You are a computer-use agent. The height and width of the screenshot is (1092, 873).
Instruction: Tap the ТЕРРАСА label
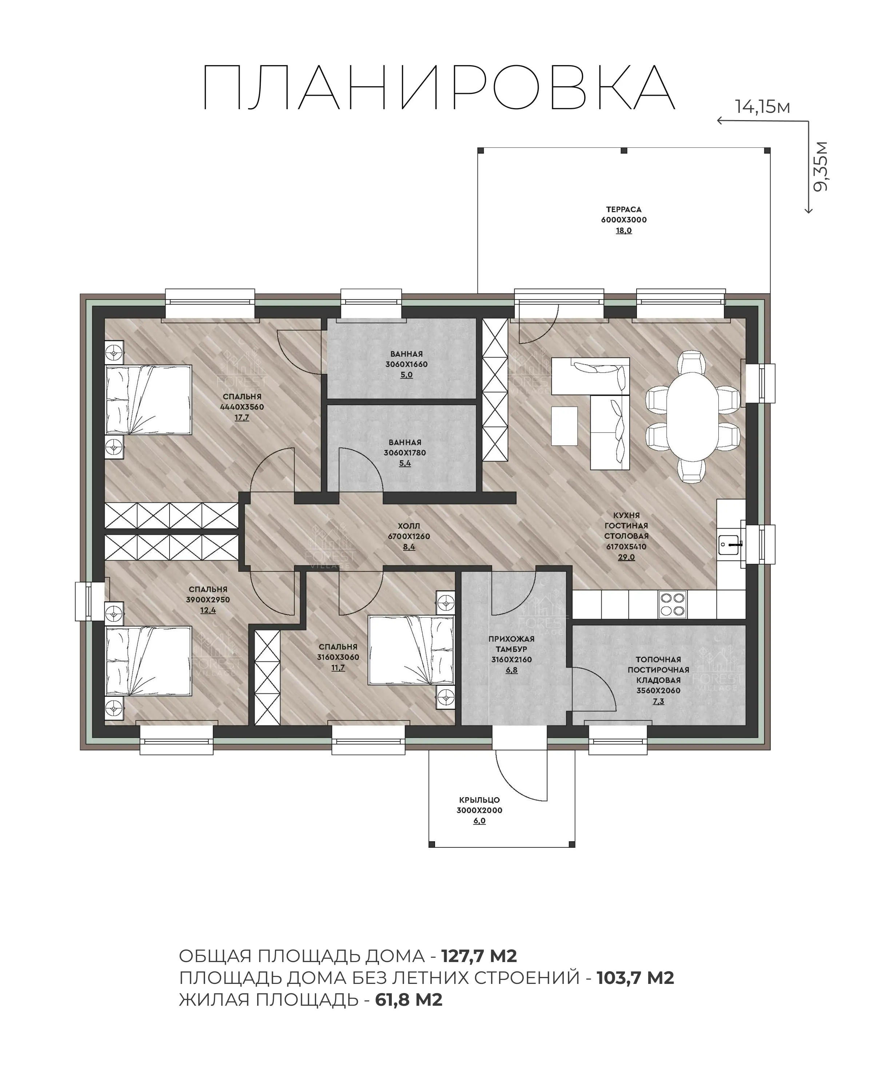623,209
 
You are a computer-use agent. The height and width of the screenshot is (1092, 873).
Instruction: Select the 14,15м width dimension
762,107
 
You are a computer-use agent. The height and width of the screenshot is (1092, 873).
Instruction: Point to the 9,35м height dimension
820,166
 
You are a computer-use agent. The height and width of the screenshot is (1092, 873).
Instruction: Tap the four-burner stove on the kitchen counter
673,604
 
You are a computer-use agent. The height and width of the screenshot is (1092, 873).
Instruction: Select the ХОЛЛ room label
409,526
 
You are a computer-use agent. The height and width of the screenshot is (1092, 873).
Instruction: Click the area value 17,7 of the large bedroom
242,418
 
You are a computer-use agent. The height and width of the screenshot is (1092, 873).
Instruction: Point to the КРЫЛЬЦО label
479,800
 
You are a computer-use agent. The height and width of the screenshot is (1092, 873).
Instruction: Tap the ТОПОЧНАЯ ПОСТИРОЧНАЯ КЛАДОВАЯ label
658,670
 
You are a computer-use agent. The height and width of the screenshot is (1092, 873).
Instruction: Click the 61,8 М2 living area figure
409,999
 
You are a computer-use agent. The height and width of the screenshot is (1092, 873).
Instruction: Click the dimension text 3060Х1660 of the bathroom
406,364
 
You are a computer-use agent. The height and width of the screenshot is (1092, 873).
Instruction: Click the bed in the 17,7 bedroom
148,400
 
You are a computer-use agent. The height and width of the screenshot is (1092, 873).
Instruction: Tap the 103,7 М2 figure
635,978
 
